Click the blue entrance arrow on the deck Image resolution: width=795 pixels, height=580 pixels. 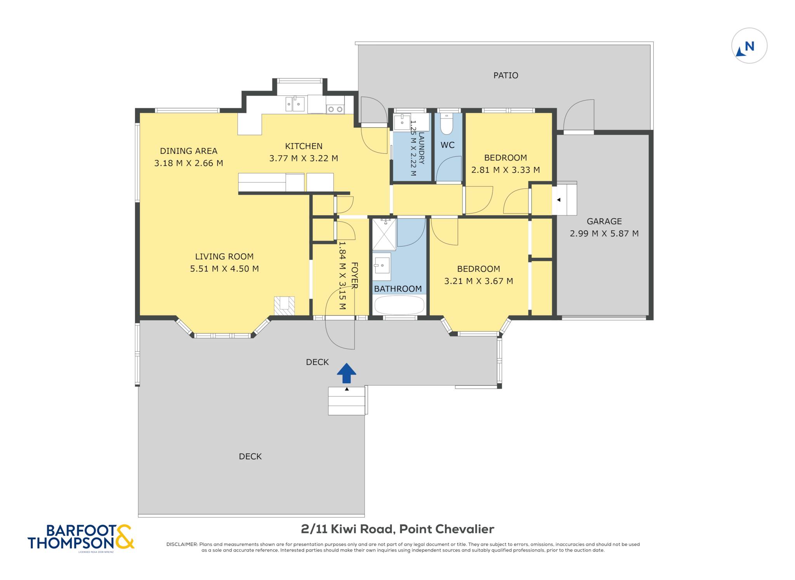[x=346, y=373]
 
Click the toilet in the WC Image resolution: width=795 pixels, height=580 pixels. [x=447, y=123]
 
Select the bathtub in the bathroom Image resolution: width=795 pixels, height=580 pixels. [x=399, y=305]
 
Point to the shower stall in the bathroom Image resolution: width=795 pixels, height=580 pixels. [x=384, y=234]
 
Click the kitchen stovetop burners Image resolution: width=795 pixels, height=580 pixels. [x=335, y=109]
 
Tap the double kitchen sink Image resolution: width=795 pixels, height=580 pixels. [x=295, y=104]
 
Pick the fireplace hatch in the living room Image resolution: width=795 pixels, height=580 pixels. [x=285, y=306]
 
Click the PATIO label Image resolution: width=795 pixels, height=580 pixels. [x=505, y=75]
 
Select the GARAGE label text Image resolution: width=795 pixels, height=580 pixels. [x=604, y=221]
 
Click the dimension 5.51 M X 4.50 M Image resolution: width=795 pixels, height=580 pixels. [x=224, y=269]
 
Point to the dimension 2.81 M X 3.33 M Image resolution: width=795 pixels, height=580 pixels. [x=505, y=170]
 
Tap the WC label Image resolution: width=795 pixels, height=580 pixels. [x=447, y=145]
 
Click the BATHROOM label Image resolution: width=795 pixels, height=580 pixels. [x=398, y=289]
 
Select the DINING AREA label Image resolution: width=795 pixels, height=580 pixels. [x=189, y=151]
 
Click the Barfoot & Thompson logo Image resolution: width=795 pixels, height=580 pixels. [x=81, y=537]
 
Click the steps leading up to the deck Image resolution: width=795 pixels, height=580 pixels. [x=347, y=401]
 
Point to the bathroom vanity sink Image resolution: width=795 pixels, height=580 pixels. [x=382, y=266]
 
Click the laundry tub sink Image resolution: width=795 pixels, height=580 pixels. [x=402, y=122]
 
